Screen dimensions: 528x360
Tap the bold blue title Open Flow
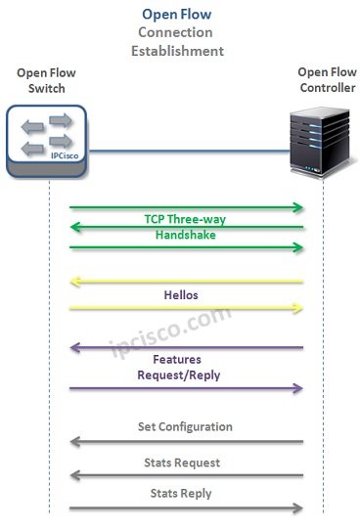176,14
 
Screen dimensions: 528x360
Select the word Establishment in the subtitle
177,50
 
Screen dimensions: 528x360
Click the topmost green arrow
186,207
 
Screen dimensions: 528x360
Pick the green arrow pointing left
186,228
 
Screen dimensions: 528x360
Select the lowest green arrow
186,248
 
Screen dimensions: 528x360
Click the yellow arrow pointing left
186,282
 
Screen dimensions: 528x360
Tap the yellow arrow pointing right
186,307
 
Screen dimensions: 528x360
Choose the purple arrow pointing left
186,348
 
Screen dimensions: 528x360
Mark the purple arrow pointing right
186,389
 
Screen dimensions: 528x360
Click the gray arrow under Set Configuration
186,442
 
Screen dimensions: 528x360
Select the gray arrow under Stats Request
186,476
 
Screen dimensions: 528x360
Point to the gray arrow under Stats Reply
186,507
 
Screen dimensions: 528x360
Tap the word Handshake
185,236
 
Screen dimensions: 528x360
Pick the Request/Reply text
178,374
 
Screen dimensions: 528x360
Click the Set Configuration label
184,427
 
